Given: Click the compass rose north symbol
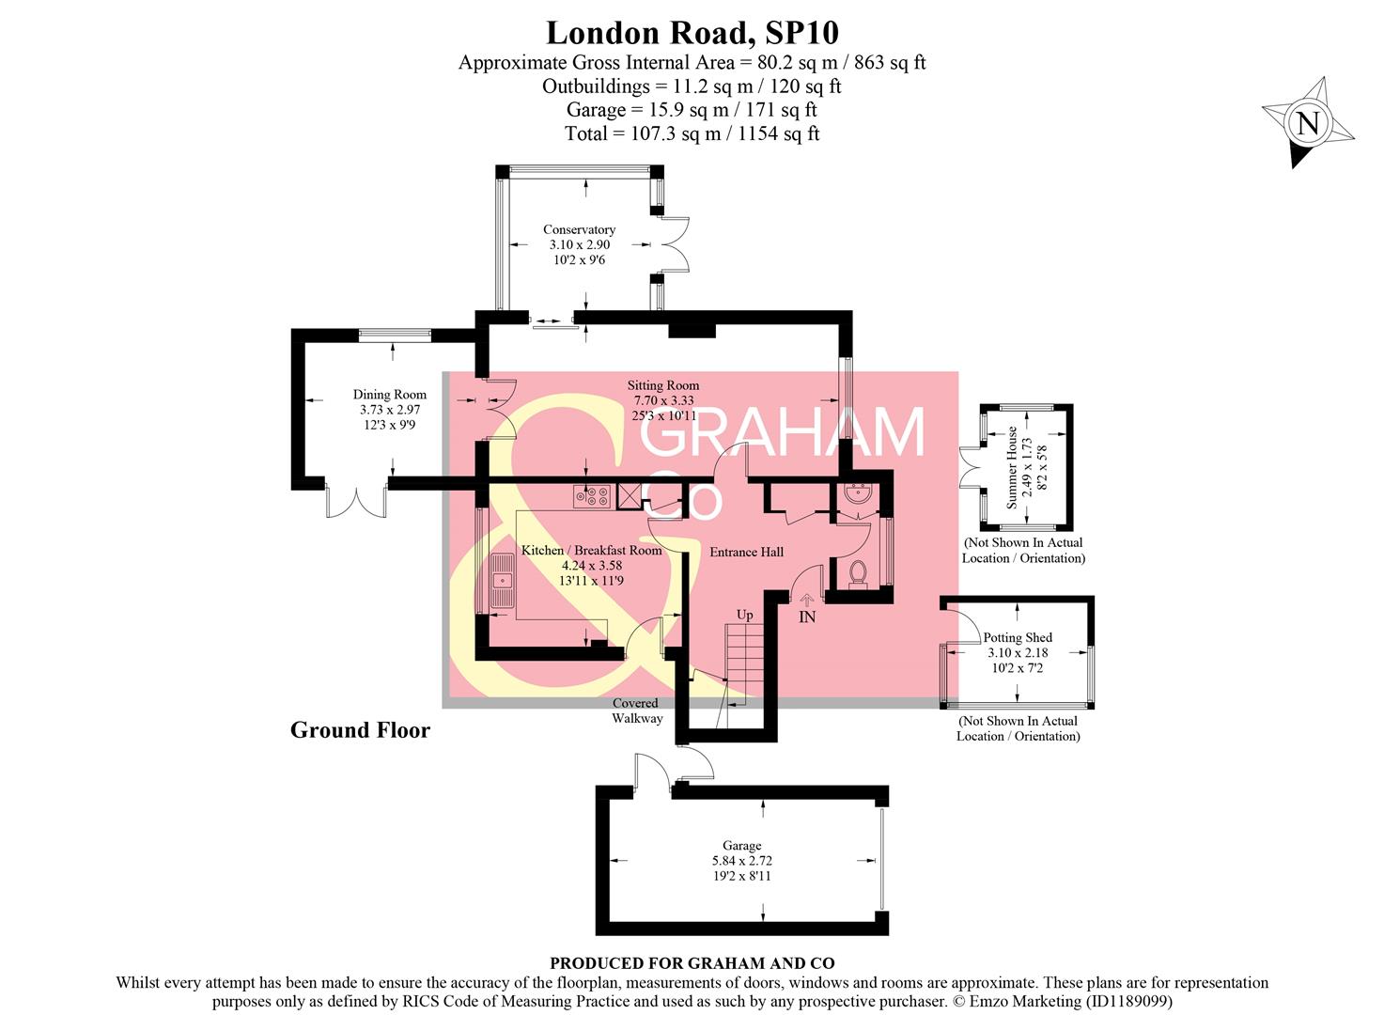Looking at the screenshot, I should point(1308,123).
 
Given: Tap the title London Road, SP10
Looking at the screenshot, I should point(692,33).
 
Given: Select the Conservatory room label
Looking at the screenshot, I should point(579,230).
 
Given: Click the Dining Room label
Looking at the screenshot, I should point(389,395).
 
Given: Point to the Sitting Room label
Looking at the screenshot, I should point(662,385).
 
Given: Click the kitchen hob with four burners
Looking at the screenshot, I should point(592,496).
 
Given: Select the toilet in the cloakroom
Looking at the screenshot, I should point(857,572).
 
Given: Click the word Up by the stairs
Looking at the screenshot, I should point(744,616).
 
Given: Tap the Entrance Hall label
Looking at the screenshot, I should point(746,552).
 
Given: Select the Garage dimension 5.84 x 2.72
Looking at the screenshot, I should point(741,861).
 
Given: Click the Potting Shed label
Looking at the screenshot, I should point(1018,637).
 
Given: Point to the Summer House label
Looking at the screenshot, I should point(1012,467).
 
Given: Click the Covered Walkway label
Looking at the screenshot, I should point(636,710).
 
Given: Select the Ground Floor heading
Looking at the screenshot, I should point(360,730).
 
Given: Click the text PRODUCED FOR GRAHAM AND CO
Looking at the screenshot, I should point(692,962).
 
